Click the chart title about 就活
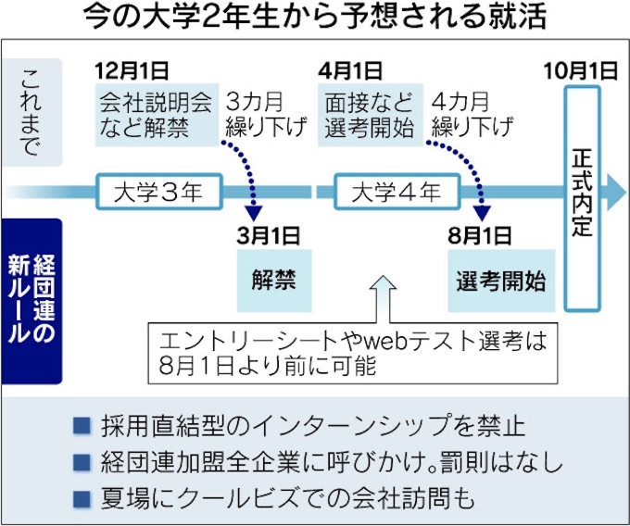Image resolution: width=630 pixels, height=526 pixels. tap(314, 18)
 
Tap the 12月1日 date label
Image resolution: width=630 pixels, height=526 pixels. tap(132, 70)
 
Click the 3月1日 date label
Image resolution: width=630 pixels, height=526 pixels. tap(268, 232)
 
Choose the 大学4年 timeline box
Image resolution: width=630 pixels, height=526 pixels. tap(387, 193)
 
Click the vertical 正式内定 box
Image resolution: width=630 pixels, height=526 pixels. tap(581, 198)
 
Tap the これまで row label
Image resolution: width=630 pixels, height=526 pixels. tap(31, 111)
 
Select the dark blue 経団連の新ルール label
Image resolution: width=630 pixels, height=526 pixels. tap(31, 301)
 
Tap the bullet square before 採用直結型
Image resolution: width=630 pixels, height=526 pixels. tap(82, 427)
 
